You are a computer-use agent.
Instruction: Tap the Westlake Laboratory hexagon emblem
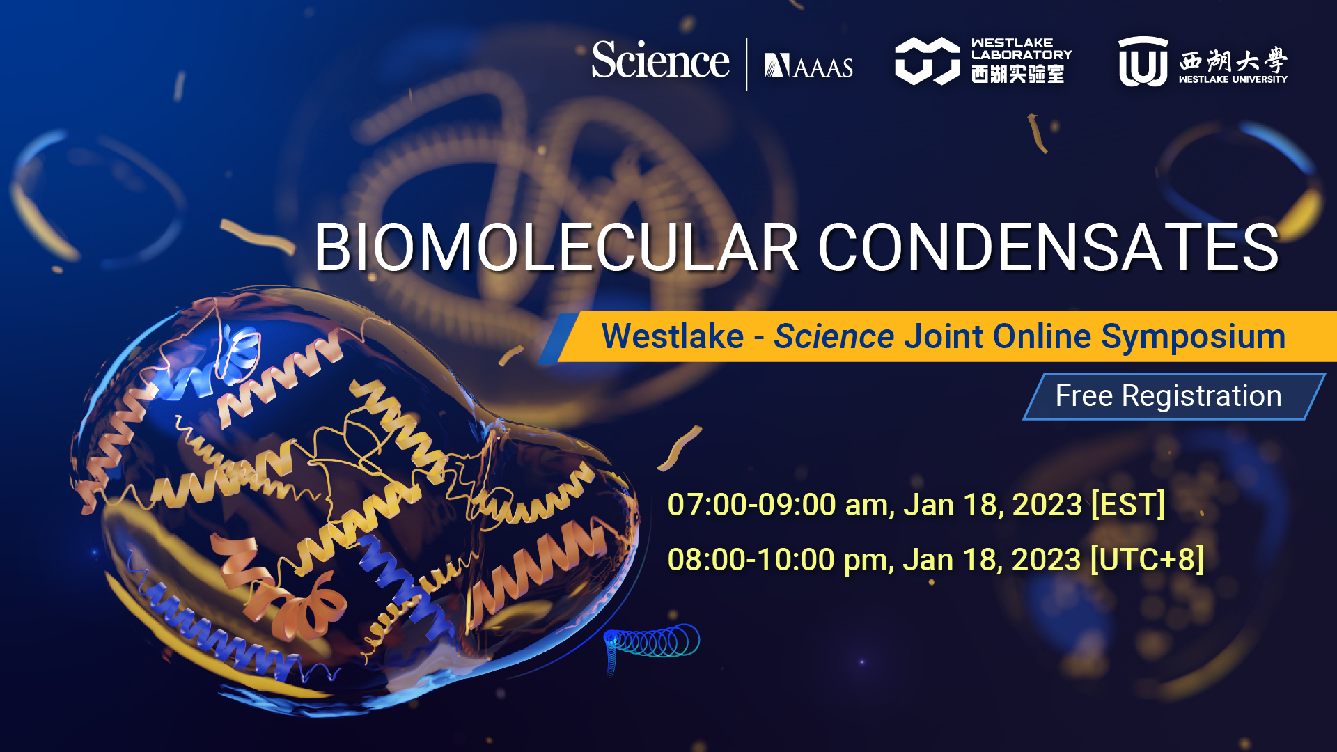(927, 61)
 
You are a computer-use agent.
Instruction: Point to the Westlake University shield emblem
(1143, 61)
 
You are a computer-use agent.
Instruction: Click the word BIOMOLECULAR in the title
(556, 247)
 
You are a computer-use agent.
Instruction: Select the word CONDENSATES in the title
(1049, 247)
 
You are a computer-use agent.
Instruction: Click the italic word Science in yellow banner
(834, 336)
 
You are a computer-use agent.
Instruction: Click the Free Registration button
(1174, 396)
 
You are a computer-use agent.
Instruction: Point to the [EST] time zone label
(1128, 504)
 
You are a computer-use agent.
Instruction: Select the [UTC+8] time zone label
(1147, 559)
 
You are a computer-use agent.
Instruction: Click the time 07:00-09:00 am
(780, 505)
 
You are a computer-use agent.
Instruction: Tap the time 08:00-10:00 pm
(780, 560)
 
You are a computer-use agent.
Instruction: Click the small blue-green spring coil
(651, 644)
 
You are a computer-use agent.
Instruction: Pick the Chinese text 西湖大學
(1233, 61)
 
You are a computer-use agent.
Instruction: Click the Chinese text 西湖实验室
(1018, 74)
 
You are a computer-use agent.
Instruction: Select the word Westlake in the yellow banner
(673, 336)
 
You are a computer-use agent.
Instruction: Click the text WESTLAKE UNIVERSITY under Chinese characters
(1233, 79)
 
